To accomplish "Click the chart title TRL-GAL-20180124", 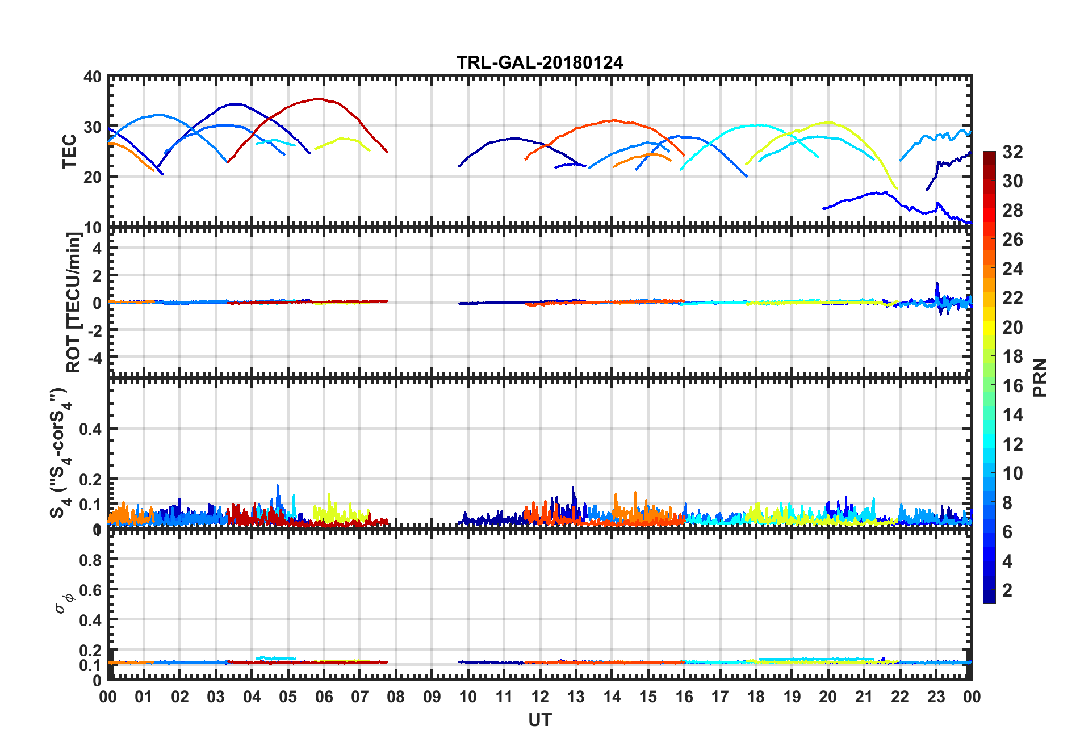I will [539, 62].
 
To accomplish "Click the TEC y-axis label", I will [69, 151].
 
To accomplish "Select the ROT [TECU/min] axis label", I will [74, 302].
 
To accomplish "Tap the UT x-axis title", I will [539, 720].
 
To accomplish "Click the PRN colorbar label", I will [1040, 378].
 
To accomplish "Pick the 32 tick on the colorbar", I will [1012, 152].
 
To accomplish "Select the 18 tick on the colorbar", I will [1012, 356].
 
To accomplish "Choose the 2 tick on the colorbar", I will [1007, 590].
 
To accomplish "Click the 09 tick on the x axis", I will [432, 697].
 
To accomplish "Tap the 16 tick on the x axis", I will [684, 697].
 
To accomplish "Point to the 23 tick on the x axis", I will [936, 697].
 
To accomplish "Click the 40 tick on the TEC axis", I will [93, 77].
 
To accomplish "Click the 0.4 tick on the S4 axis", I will [91, 429].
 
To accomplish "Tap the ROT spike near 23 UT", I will [937, 283].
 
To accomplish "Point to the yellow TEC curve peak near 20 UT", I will [828, 122].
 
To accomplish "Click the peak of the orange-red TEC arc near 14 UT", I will [613, 120].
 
